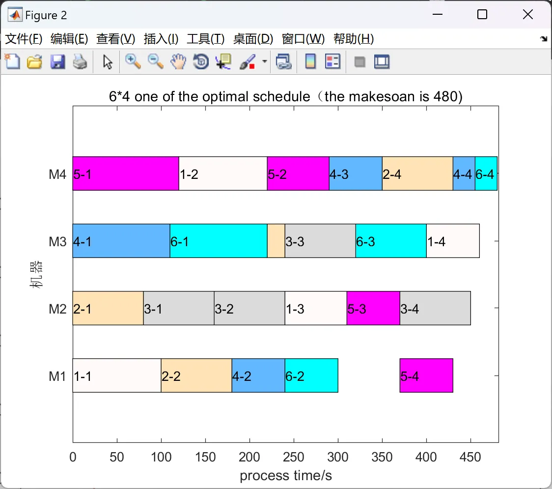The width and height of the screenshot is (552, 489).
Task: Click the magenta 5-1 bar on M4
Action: click(x=125, y=173)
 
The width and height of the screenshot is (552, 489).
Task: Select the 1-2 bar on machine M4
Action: click(x=222, y=173)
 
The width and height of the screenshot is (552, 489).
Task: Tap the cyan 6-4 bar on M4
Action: click(x=486, y=173)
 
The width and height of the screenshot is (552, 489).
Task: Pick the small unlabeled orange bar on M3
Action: click(x=276, y=241)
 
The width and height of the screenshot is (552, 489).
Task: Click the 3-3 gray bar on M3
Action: click(x=320, y=241)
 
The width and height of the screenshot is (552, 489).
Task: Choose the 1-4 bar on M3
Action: click(x=452, y=241)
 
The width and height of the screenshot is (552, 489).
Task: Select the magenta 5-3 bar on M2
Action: click(x=373, y=308)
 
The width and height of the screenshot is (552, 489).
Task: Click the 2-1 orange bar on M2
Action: click(x=108, y=308)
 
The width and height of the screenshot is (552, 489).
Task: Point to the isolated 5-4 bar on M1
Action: click(x=426, y=375)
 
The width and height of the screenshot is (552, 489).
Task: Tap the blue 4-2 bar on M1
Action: click(x=258, y=375)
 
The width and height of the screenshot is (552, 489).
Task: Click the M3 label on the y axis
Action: click(x=57, y=241)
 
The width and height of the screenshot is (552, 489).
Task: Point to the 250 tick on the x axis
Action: click(x=294, y=457)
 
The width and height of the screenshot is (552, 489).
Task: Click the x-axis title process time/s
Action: click(x=286, y=475)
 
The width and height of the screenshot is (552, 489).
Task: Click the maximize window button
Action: click(x=482, y=15)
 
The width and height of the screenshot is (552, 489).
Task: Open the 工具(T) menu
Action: click(x=205, y=39)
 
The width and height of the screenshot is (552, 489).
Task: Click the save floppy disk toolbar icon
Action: click(x=57, y=62)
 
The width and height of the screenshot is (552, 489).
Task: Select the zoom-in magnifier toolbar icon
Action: click(x=132, y=62)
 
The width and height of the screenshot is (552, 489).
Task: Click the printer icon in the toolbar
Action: click(x=80, y=62)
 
